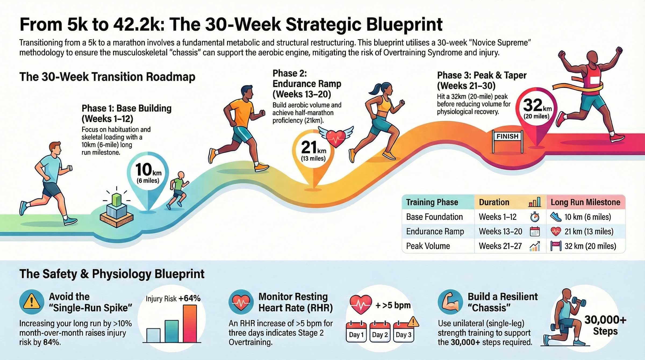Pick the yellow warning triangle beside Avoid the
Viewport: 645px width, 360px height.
(32, 302)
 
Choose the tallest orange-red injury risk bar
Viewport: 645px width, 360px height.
(190, 323)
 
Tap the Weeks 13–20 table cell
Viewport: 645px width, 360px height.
(500, 231)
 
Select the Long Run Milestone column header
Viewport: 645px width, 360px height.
(585, 202)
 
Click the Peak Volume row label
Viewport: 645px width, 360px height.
(428, 246)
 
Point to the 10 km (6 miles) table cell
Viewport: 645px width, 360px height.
(587, 217)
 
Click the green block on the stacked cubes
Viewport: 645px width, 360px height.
(116, 200)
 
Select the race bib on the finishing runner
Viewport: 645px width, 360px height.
(594, 80)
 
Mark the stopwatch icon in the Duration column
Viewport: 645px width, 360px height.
(535, 217)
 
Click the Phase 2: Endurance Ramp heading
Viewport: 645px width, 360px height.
(307, 78)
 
